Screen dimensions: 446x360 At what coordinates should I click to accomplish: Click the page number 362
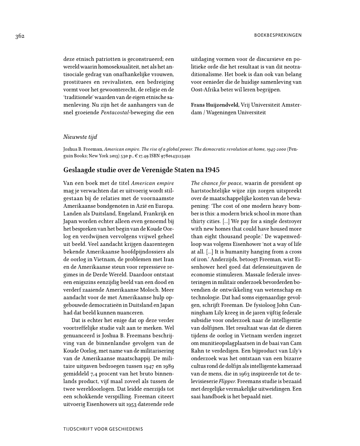coord(19,36)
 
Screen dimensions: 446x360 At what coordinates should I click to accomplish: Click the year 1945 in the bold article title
coord(211,170)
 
